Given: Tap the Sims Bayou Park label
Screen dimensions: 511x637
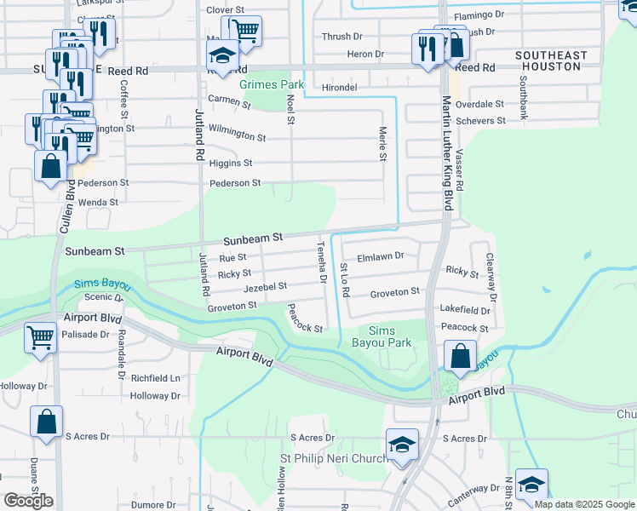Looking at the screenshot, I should [388, 337].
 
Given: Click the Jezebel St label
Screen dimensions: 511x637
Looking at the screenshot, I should [265, 288].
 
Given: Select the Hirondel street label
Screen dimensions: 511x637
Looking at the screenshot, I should [339, 88].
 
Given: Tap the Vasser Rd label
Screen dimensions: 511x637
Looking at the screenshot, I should [458, 170].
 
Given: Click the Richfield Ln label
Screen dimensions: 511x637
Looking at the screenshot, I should [156, 377].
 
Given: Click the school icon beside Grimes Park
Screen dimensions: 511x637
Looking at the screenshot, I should [222, 57].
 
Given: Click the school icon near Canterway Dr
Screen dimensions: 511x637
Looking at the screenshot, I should [532, 485].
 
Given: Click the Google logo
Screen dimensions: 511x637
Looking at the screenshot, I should [28, 501].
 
